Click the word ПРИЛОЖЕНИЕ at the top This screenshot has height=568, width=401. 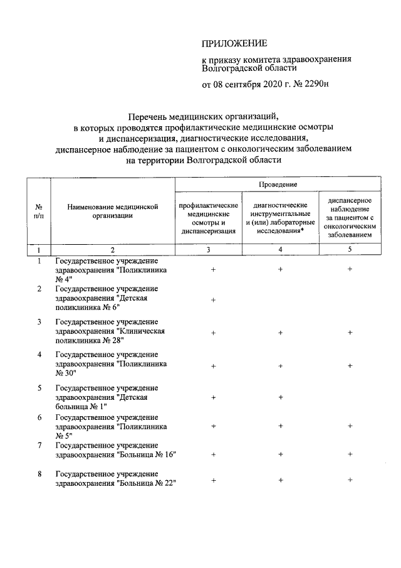[234, 43]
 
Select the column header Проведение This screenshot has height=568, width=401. [278, 185]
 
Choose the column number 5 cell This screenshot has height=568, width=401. [350, 250]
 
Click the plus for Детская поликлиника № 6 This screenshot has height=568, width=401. [214, 300]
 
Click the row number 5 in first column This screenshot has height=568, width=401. [39, 388]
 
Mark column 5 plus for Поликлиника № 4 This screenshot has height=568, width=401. [350, 269]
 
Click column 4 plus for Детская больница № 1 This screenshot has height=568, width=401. [280, 397]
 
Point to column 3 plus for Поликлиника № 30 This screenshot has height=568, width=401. [214, 365]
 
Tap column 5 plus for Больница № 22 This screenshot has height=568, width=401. [350, 480]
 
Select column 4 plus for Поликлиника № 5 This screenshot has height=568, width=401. [280, 426]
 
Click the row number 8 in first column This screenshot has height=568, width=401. [39, 473]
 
